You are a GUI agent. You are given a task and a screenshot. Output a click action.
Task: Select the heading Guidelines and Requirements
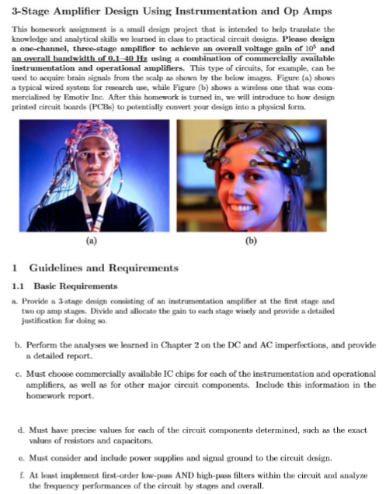click(x=105, y=268)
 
